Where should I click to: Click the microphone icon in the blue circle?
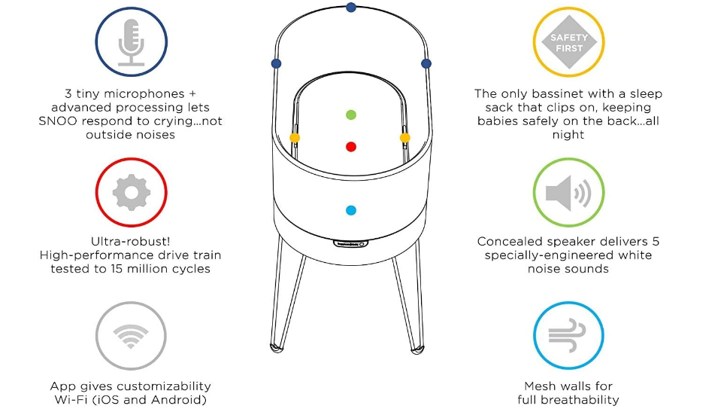[x=131, y=43]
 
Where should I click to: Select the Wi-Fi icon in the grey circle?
[x=131, y=337]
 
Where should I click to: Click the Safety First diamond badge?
[x=568, y=42]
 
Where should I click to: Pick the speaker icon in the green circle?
[x=568, y=194]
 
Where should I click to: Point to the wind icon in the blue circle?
[x=568, y=336]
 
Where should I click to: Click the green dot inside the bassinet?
[x=351, y=115]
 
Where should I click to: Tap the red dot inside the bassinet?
[x=351, y=146]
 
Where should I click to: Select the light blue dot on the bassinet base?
[x=351, y=211]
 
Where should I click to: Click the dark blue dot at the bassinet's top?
[x=351, y=8]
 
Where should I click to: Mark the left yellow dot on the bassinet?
[x=295, y=138]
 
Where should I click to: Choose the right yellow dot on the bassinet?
[x=405, y=138]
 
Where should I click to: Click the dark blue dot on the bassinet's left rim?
[x=277, y=63]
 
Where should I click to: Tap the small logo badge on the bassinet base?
[x=350, y=244]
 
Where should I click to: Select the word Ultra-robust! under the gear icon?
[x=131, y=242]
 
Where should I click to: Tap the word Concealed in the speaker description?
[x=511, y=242]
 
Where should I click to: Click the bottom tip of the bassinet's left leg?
[x=276, y=348]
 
